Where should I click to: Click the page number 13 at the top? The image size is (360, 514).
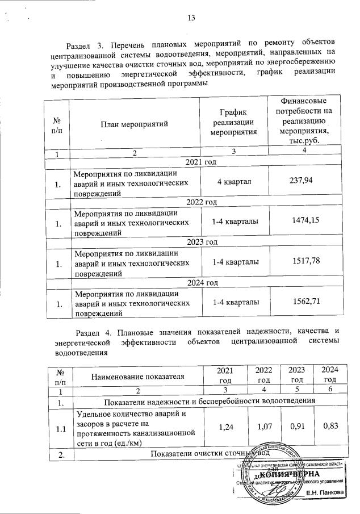tap(191, 18)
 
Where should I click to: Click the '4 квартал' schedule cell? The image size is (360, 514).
tap(234, 181)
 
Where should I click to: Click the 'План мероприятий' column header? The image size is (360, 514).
tap(135, 123)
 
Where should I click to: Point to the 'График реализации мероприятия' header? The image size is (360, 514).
tap(234, 123)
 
